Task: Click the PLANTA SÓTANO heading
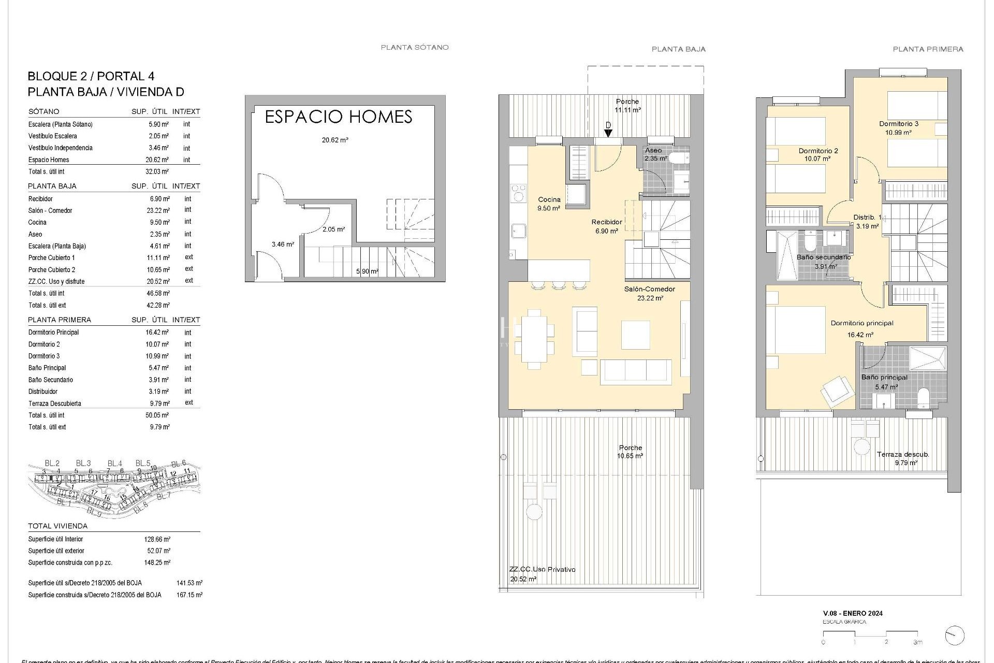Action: pyautogui.click(x=415, y=47)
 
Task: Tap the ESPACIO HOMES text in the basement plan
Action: pyautogui.click(x=338, y=117)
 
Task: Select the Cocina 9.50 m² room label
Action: pyautogui.click(x=549, y=204)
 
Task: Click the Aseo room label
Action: pyautogui.click(x=653, y=150)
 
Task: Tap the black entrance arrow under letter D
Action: pyautogui.click(x=609, y=133)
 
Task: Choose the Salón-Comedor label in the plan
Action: pyautogui.click(x=650, y=289)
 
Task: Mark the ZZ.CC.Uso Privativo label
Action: pyautogui.click(x=542, y=569)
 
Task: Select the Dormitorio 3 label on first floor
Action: pyautogui.click(x=899, y=124)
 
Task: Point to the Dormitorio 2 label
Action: pyautogui.click(x=818, y=151)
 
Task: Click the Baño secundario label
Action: pyautogui.click(x=823, y=257)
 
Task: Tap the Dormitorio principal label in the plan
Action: pyautogui.click(x=862, y=323)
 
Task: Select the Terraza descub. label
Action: pyautogui.click(x=903, y=454)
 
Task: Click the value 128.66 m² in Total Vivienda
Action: pyautogui.click(x=157, y=539)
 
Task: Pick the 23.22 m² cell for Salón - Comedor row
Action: pyautogui.click(x=158, y=210)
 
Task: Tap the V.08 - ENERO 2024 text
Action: pyautogui.click(x=853, y=613)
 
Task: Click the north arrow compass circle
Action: pyautogui.click(x=954, y=636)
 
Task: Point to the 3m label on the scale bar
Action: pyautogui.click(x=918, y=642)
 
